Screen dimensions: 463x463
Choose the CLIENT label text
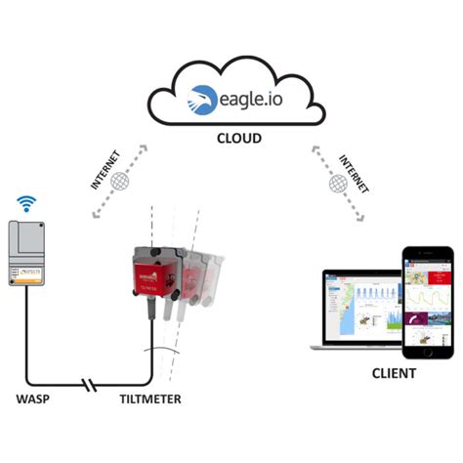point(394,374)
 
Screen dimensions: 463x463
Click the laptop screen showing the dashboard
point(359,308)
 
